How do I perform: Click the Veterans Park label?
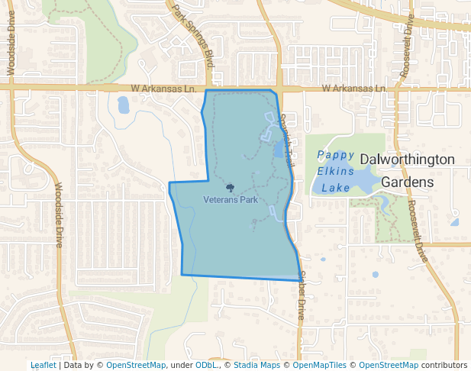tap(231, 199)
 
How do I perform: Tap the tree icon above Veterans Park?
tap(230, 187)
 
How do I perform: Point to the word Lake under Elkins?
tap(335, 187)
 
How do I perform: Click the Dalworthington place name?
tap(407, 160)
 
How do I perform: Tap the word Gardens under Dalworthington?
tap(407, 182)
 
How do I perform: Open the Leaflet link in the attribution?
tap(43, 366)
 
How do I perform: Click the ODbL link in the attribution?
tap(205, 366)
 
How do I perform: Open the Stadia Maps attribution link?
tap(256, 366)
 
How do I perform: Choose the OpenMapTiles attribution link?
tap(319, 366)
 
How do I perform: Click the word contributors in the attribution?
tap(444, 366)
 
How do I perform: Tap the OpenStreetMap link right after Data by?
tap(135, 366)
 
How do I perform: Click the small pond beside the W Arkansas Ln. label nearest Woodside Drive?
tap(123, 105)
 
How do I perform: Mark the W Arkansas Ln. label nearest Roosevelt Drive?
tap(353, 89)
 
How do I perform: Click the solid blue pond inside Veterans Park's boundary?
tap(278, 148)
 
